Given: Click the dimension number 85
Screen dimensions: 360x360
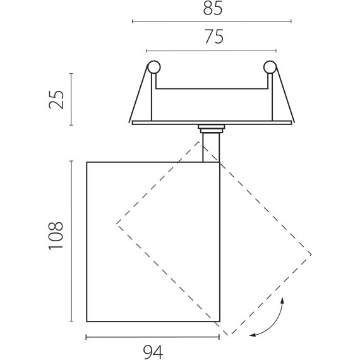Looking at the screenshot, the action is pyautogui.click(x=213, y=8).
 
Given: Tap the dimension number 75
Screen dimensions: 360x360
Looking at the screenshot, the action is pyautogui.click(x=214, y=37).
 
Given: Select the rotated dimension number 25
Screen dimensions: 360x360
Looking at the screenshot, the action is pyautogui.click(x=56, y=100).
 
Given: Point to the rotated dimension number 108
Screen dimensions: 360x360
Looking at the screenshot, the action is pyautogui.click(x=56, y=236).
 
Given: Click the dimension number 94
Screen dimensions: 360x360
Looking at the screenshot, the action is pyautogui.click(x=153, y=352).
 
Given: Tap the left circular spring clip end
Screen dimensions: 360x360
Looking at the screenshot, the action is pyautogui.click(x=154, y=68).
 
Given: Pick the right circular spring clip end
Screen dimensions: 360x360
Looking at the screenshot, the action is pyautogui.click(x=270, y=68).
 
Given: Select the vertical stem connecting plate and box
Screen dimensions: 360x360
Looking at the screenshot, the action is pyautogui.click(x=211, y=148).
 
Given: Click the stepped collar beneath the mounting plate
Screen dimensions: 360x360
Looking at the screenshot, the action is pyautogui.click(x=211, y=129).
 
